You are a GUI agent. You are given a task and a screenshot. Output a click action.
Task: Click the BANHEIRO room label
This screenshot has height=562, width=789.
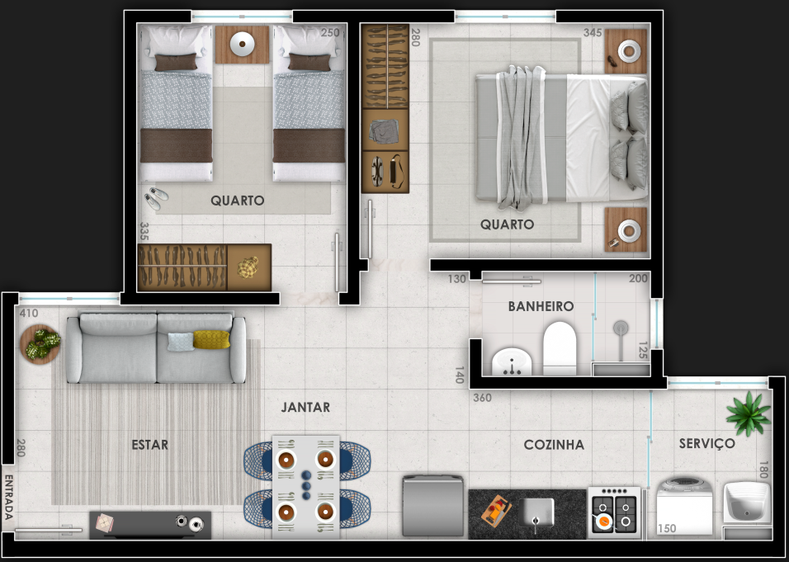point(541,306)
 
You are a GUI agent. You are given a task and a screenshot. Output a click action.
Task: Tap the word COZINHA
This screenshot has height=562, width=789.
point(554,445)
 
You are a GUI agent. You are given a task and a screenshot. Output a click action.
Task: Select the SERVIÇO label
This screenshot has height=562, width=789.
point(707,444)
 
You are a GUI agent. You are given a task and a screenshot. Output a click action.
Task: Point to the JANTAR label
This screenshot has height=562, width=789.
point(305,407)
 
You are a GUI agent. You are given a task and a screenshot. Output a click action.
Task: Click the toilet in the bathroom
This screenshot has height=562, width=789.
point(559,348)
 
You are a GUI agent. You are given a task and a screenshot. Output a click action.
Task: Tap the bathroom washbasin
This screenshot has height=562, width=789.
point(512,361)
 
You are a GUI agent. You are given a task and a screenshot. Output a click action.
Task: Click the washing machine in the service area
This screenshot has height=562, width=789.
point(685,507)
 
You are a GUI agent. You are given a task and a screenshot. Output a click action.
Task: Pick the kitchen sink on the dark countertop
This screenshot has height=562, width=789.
point(536,512)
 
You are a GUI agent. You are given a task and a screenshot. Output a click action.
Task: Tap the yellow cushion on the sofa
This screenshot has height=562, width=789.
point(211,339)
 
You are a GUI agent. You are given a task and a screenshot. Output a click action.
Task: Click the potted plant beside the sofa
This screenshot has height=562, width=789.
point(40,343)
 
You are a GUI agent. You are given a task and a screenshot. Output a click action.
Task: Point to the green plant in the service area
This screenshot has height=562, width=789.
point(749,413)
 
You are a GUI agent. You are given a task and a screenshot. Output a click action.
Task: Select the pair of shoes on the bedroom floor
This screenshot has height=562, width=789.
point(156,198)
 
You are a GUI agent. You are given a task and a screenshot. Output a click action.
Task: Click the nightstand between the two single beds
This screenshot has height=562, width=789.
point(242,45)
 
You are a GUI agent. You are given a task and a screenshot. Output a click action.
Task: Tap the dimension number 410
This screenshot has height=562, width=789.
point(29,314)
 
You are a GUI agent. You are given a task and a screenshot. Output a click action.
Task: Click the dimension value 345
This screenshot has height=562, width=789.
point(593,33)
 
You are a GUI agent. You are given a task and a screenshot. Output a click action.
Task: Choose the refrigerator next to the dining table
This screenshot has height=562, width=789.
point(432,506)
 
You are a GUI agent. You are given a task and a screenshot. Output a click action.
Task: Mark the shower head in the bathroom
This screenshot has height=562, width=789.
point(621,328)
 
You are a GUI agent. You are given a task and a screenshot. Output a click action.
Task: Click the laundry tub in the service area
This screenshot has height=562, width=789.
point(747,502)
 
